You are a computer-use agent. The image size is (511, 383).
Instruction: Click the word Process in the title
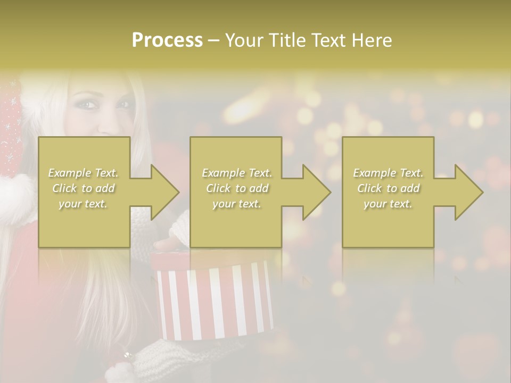point(167,40)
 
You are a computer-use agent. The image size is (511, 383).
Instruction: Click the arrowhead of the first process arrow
point(164,192)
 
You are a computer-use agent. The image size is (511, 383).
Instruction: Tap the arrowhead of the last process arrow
point(468,192)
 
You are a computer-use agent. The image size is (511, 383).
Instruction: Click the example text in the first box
point(84,188)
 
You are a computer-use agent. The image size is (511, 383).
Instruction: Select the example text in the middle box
point(236,188)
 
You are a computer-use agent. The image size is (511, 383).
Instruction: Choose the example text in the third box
point(388,188)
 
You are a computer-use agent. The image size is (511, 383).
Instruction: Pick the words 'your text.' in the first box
point(83,204)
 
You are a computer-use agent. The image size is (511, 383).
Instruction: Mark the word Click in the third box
point(370,188)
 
